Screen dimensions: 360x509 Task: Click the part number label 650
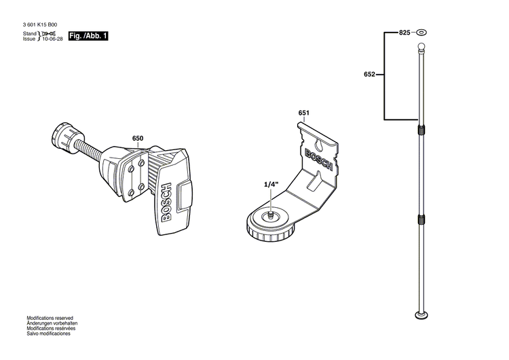138,138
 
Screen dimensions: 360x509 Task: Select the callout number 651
303,113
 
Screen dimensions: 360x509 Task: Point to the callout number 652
369,75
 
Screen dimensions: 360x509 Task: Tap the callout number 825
404,32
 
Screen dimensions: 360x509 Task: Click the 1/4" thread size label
271,184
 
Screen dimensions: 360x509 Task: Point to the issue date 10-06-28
52,39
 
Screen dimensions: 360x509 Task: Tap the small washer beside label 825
421,32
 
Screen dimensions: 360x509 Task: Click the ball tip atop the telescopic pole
421,47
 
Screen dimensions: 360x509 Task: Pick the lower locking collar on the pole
421,219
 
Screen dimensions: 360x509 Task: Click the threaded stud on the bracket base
270,215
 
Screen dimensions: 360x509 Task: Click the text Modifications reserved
50,318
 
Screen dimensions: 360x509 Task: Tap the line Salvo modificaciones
48,334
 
